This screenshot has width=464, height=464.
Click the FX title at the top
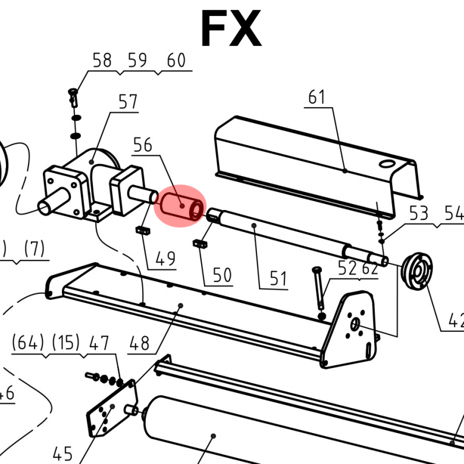point(231,29)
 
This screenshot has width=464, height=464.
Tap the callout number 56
point(142,145)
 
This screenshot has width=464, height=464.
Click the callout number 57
point(128,102)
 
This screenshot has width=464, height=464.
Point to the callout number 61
point(317,96)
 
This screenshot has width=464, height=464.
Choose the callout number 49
point(165,259)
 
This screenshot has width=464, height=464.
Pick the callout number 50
point(222,275)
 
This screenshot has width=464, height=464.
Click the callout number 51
point(278,278)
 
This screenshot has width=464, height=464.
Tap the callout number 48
point(139,343)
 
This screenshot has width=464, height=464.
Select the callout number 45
point(62,454)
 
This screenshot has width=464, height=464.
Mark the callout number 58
point(102,61)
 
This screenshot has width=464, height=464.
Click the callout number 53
point(418,214)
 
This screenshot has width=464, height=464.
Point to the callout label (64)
point(27,343)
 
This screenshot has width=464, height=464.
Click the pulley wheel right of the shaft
point(417,271)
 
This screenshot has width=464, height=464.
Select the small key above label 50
point(200,243)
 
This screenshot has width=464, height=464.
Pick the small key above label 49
point(142,230)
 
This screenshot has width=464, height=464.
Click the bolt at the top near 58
point(74,95)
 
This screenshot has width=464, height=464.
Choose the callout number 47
point(99,343)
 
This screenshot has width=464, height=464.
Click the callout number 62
point(369,268)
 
